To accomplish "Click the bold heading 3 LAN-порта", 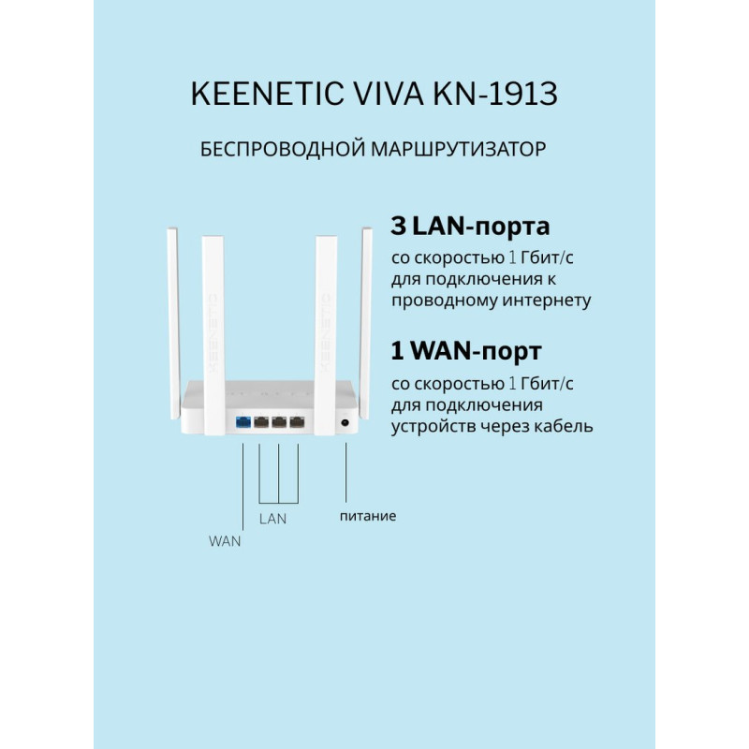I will (x=469, y=226).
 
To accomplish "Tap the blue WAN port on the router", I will (x=243, y=422).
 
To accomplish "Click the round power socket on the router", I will (x=346, y=423).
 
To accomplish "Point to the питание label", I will (x=367, y=516).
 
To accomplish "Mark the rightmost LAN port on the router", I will (x=298, y=422).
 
